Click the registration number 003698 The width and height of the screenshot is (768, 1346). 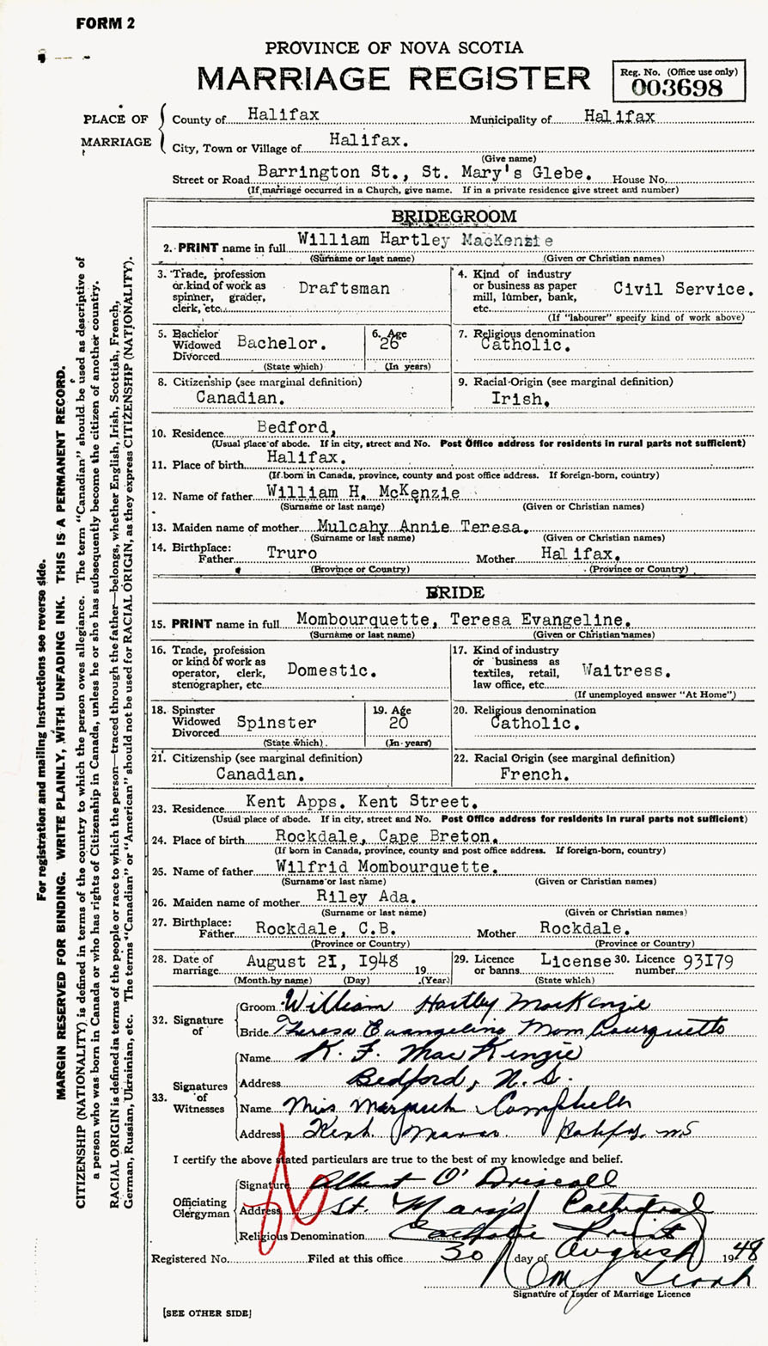point(677,88)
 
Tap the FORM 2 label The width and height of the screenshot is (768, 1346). point(105,23)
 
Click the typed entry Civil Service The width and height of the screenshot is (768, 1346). point(684,289)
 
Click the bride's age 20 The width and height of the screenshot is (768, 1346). point(400,724)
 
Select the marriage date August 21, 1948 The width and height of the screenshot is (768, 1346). point(322,962)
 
